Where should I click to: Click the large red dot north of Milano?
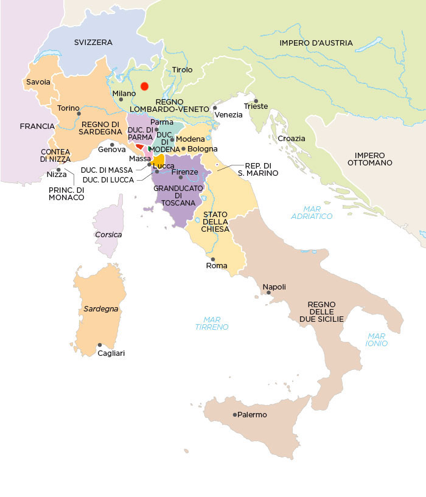click(x=144, y=86)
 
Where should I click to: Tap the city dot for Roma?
click(x=212, y=259)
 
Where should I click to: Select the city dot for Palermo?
click(x=235, y=415)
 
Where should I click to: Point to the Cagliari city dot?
click(x=100, y=345)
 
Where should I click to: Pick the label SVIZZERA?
click(x=93, y=42)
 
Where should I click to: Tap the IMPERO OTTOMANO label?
click(x=374, y=159)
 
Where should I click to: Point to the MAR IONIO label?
click(x=377, y=339)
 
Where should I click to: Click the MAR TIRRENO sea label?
click(x=216, y=323)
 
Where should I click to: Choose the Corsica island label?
click(x=108, y=234)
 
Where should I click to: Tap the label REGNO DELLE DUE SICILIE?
click(x=326, y=311)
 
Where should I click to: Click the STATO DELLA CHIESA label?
click(x=216, y=221)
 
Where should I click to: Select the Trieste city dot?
click(x=256, y=101)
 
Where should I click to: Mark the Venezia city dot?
click(x=215, y=108)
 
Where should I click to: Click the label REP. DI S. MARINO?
click(x=261, y=169)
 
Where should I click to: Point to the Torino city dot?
click(x=79, y=113)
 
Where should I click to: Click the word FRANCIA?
click(x=37, y=127)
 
